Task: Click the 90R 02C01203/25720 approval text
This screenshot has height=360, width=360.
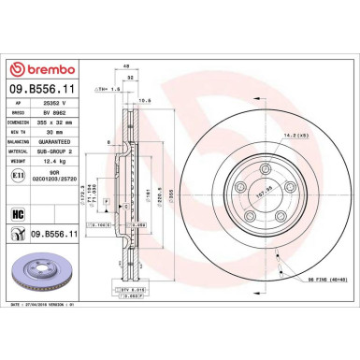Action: click(x=59, y=190)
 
